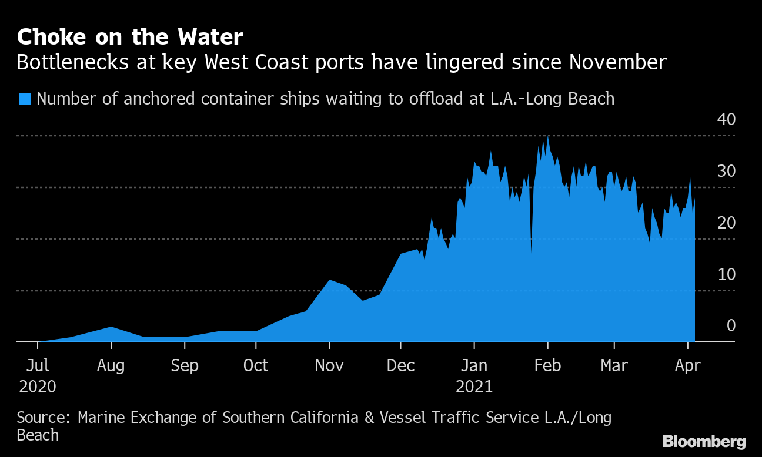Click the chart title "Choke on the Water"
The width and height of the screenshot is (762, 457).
click(x=130, y=38)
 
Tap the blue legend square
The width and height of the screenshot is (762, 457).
click(x=24, y=98)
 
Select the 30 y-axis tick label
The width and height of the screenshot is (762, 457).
click(x=726, y=171)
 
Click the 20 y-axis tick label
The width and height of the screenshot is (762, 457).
click(x=726, y=223)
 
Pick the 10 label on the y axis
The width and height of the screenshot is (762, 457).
click(x=726, y=274)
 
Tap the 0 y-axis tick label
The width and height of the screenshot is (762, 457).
click(x=731, y=325)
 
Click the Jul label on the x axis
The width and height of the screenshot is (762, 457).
click(x=38, y=365)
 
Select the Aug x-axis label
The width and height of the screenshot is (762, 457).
click(x=111, y=365)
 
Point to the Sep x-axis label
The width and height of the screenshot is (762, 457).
click(x=184, y=365)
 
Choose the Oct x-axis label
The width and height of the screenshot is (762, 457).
click(x=256, y=365)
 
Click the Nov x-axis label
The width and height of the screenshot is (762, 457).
click(x=329, y=365)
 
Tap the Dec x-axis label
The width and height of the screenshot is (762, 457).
click(x=400, y=365)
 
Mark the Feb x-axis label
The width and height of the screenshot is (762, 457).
click(x=547, y=365)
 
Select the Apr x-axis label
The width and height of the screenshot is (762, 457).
click(x=687, y=365)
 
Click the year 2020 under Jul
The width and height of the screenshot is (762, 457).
click(x=38, y=387)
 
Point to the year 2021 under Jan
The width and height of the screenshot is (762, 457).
click(x=474, y=387)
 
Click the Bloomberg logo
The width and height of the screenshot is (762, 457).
click(x=704, y=442)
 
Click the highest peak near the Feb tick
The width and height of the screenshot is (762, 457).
click(x=548, y=137)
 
